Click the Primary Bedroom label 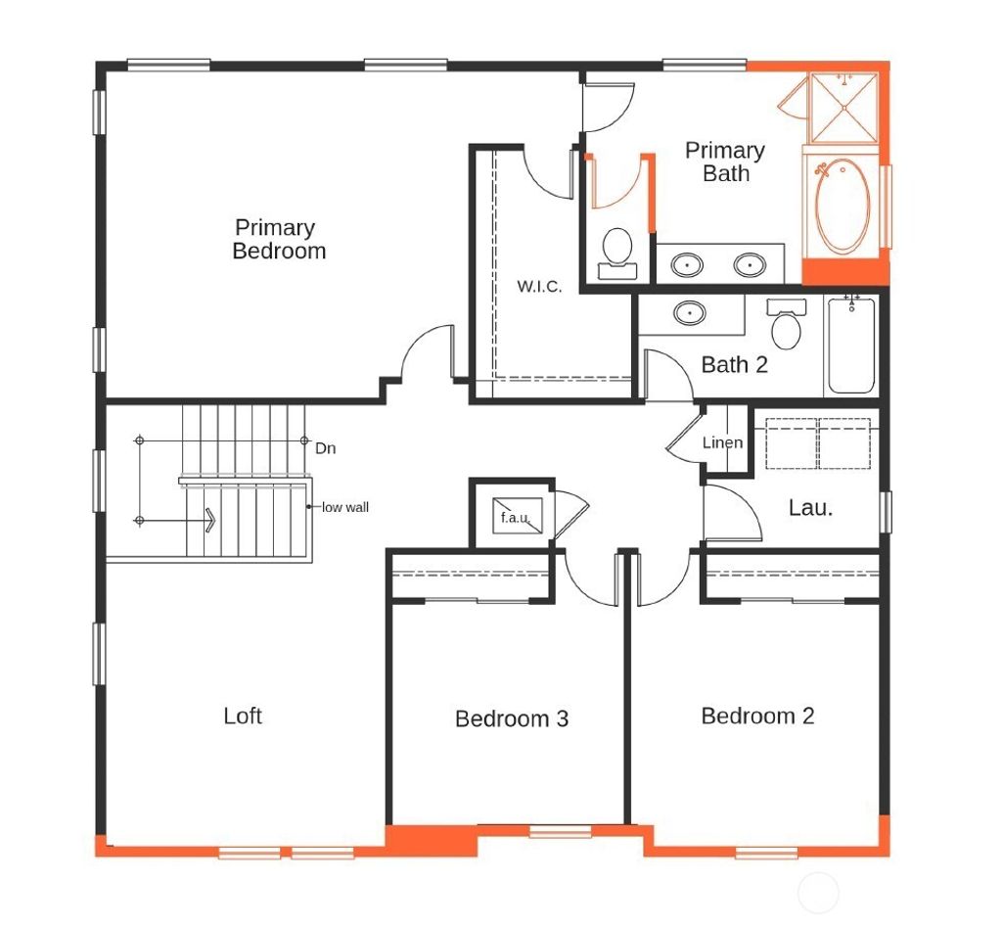click(279, 240)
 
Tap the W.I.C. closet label click(539, 287)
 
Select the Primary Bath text click(724, 162)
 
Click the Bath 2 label click(734, 365)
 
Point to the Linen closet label click(722, 442)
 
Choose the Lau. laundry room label click(810, 508)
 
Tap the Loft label click(243, 716)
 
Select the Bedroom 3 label click(511, 719)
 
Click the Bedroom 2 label click(757, 717)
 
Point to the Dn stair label click(326, 448)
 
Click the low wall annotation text click(345, 507)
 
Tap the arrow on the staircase click(209, 519)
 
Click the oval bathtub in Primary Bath click(843, 207)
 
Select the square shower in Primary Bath click(845, 108)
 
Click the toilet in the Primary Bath click(617, 249)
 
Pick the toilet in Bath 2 click(786, 327)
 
